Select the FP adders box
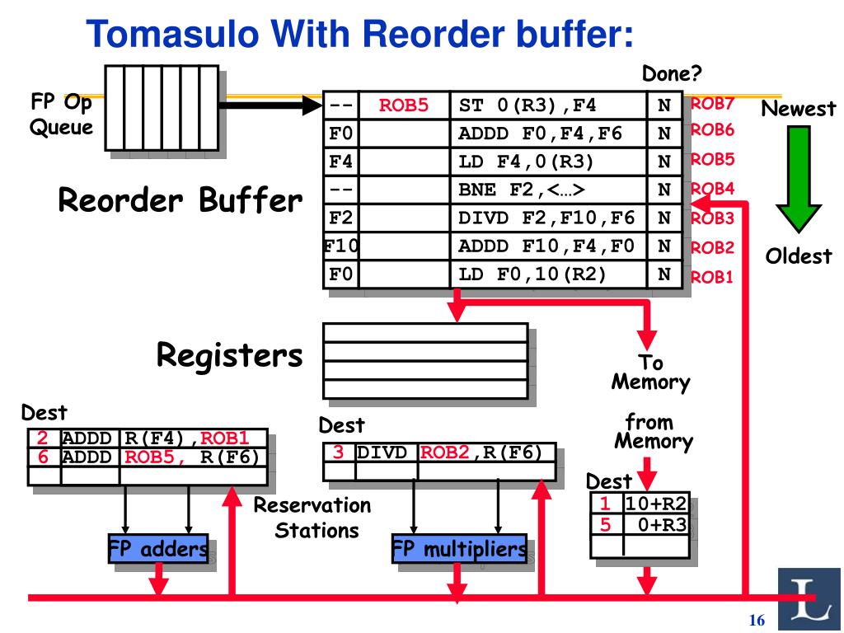click(x=158, y=548)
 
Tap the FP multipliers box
click(x=459, y=548)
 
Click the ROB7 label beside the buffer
click(x=712, y=103)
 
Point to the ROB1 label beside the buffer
click(x=711, y=277)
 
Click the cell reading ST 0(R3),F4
click(x=548, y=105)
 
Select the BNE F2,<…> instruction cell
click(x=548, y=190)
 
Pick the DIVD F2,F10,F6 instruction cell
click(x=548, y=218)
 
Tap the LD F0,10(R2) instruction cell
click(x=548, y=274)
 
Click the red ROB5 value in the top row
click(x=404, y=105)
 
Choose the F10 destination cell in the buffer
click(x=341, y=246)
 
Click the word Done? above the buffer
click(x=672, y=73)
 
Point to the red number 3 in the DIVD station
click(x=338, y=452)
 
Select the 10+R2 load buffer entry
click(x=656, y=504)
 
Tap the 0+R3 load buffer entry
click(x=662, y=524)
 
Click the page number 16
click(x=757, y=620)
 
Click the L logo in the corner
click(x=809, y=599)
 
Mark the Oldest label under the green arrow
click(x=799, y=256)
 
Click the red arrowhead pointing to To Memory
click(x=646, y=340)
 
